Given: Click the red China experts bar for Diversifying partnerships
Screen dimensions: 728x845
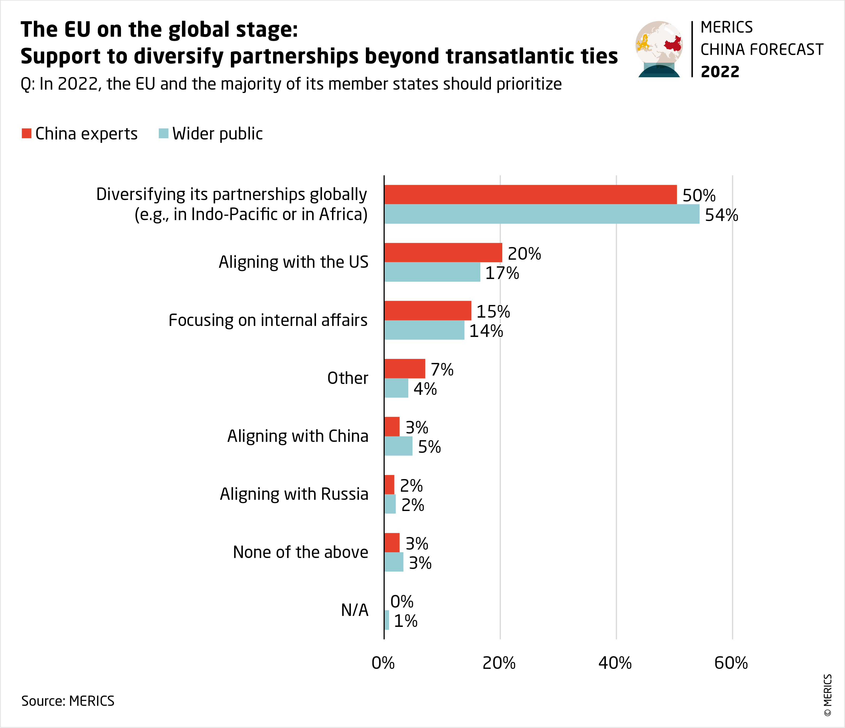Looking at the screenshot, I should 530,195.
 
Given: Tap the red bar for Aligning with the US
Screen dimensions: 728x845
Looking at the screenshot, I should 443,253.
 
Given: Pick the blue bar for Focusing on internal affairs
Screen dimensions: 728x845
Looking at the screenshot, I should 424,330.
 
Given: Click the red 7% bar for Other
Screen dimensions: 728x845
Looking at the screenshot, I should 404,369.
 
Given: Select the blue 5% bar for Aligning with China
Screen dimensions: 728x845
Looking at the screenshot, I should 398,446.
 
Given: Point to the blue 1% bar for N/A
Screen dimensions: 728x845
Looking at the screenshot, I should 387,620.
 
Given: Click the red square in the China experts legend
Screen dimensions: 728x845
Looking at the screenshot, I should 26,133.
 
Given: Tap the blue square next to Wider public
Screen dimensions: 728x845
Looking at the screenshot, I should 164,133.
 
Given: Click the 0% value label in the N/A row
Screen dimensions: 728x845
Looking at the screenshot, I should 402,602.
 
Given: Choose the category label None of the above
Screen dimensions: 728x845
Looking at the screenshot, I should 301,552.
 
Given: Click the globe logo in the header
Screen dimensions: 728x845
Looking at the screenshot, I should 659,49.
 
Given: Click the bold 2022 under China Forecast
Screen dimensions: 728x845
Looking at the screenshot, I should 720,72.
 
